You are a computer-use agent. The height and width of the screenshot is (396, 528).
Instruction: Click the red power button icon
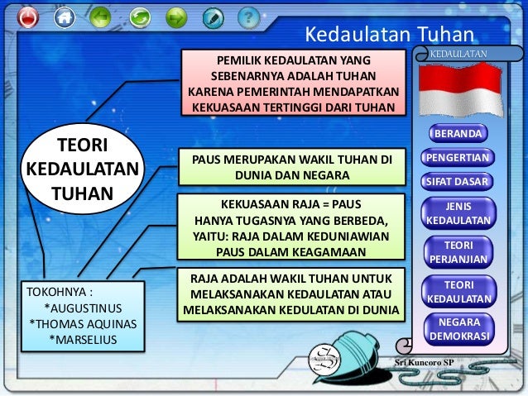28,17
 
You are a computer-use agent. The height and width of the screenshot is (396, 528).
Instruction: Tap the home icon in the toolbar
64,17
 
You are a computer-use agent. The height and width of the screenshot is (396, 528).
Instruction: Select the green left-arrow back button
100,17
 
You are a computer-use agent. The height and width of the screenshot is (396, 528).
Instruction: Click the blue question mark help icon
247,17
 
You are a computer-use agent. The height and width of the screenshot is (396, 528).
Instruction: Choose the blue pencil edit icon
213,17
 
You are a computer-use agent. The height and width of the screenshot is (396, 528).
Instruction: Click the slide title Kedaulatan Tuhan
388,35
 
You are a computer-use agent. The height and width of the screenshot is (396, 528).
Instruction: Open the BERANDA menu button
458,134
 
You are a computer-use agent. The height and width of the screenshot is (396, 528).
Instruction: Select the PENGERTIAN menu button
458,157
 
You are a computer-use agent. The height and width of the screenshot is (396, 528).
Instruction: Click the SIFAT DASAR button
458,181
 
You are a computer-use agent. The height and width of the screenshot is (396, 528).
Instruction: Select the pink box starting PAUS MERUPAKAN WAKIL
291,167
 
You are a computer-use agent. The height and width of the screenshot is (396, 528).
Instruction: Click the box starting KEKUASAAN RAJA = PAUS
291,227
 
